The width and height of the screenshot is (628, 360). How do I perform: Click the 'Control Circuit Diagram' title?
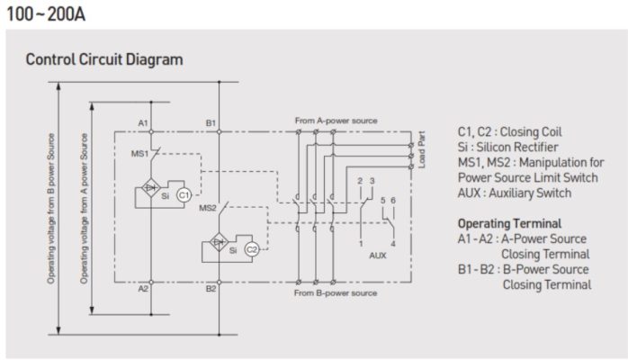tap(103, 60)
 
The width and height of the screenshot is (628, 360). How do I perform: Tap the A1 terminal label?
tap(143, 121)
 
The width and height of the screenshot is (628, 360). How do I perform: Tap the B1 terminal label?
tap(211, 121)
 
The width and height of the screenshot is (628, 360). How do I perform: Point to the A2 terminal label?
tap(143, 289)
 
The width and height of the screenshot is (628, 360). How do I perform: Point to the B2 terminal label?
tap(211, 289)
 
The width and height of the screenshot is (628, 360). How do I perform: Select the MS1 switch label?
tap(139, 154)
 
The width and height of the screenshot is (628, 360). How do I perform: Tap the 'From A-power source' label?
tap(336, 120)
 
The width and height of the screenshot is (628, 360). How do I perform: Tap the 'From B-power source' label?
tap(336, 293)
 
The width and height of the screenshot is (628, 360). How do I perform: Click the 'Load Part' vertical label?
tap(423, 146)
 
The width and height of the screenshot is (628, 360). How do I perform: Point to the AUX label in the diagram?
tap(378, 255)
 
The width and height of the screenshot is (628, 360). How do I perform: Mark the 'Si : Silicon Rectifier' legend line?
tap(507, 148)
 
